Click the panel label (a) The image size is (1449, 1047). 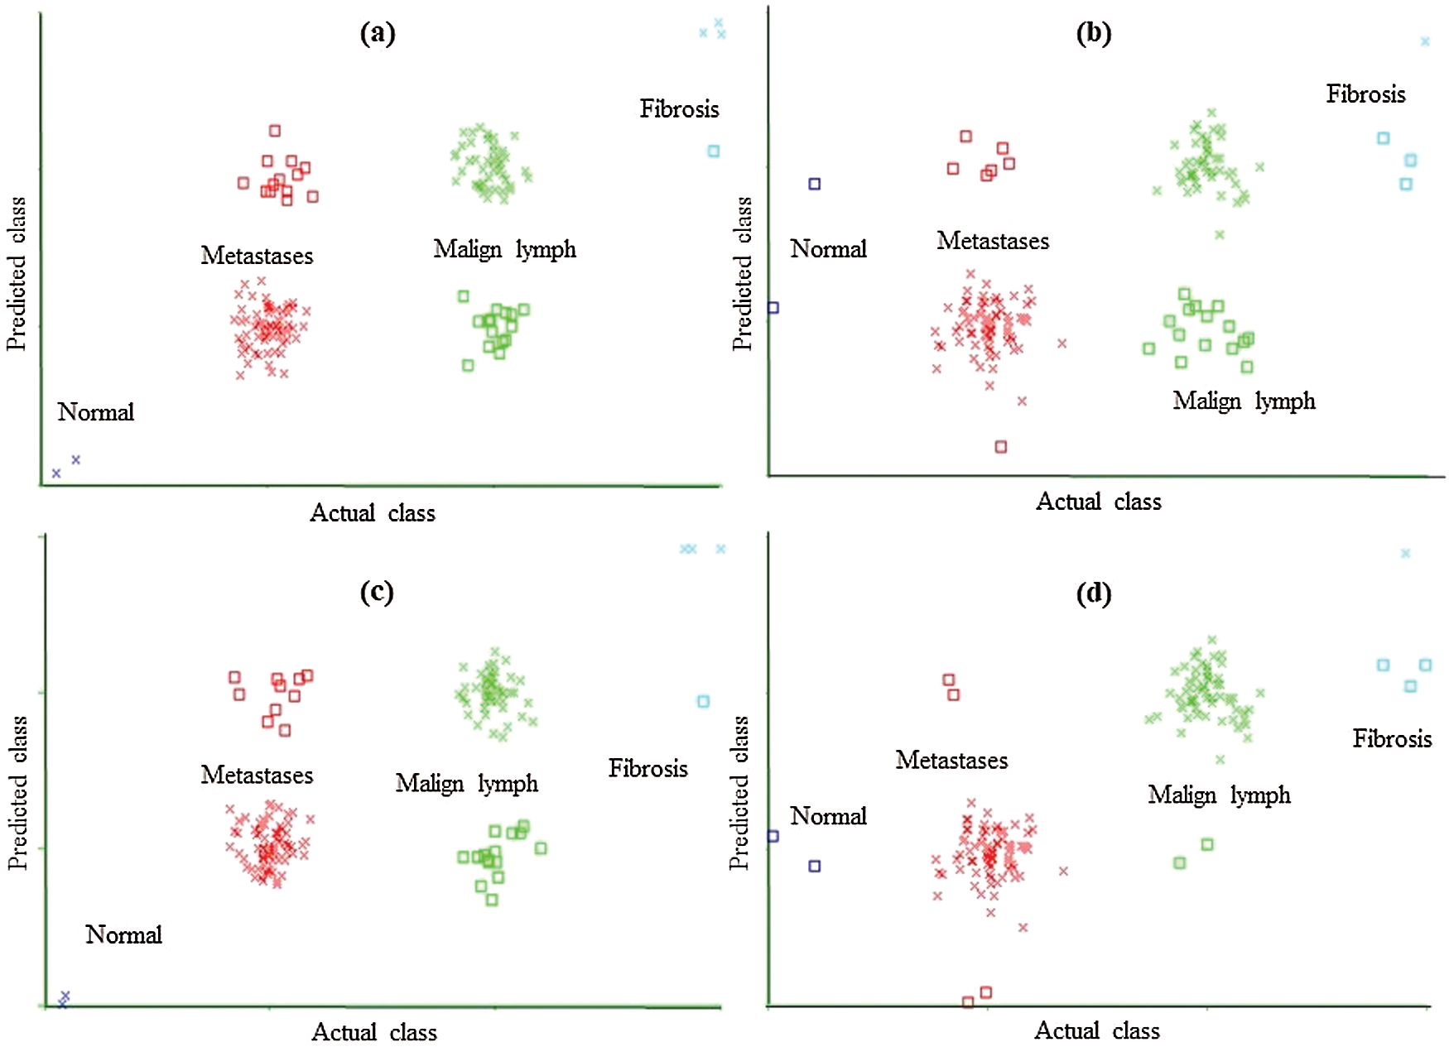coord(378,34)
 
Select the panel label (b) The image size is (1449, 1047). coord(1093,34)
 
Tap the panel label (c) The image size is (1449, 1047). coord(377,592)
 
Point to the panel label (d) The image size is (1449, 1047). coord(1093,593)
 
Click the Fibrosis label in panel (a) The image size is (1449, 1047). coord(679,109)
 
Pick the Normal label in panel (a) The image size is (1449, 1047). coord(96,412)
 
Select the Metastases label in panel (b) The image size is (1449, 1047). coord(993,241)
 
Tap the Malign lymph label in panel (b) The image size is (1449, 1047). coord(1244,401)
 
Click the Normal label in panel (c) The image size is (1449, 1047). coord(123,935)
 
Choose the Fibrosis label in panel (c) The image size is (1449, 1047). coord(647,769)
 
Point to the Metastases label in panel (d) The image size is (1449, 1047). coord(951,761)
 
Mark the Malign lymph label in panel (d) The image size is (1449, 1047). coord(1219,795)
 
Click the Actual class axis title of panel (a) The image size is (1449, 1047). coord(373,513)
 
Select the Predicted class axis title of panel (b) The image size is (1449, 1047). coord(743,273)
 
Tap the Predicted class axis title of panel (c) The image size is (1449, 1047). coord(17,792)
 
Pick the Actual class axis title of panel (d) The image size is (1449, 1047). coord(1097,1031)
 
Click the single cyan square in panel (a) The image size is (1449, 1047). coord(714,151)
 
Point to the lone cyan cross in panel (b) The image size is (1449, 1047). coord(1425,41)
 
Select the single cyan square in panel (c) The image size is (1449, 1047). coord(703,702)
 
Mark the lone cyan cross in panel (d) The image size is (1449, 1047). coord(1405,553)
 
